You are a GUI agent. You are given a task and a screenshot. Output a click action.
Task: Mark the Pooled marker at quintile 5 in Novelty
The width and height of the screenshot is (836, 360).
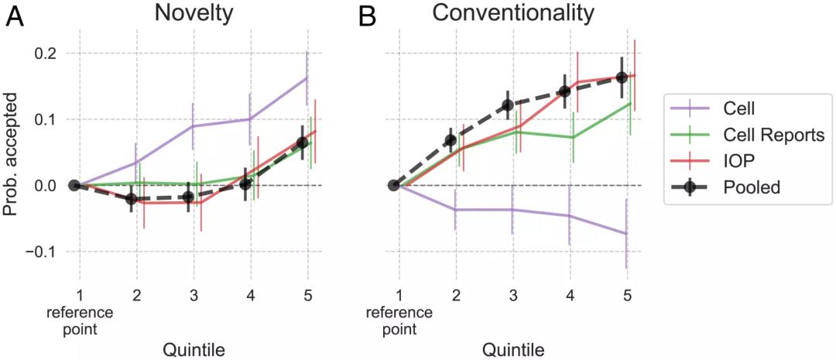[303, 142]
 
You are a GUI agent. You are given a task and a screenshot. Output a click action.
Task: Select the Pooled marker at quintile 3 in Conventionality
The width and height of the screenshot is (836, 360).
[508, 105]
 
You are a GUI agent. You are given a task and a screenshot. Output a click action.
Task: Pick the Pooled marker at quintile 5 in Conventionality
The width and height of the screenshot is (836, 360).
[621, 77]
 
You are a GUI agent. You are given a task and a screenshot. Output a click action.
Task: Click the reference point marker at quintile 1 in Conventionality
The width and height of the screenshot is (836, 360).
[393, 185]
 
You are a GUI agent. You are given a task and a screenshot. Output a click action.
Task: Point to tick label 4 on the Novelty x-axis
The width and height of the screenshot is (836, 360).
[250, 295]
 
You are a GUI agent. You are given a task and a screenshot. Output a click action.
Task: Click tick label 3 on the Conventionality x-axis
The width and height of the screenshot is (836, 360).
[513, 295]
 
